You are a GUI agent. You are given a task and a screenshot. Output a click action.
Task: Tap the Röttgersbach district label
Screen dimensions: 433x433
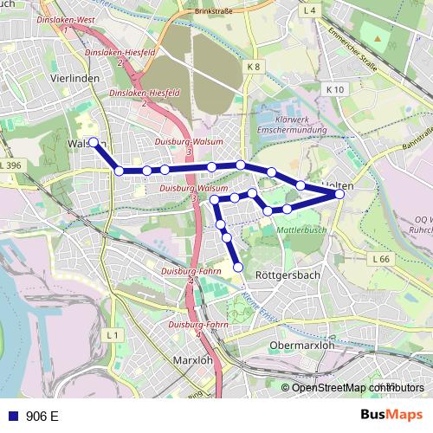(288, 275)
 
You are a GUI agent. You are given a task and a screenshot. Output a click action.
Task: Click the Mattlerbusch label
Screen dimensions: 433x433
(301, 230)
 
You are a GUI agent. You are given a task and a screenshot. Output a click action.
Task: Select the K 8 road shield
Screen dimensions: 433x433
(253, 66)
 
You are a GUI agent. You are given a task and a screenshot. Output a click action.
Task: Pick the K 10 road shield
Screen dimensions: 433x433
(336, 89)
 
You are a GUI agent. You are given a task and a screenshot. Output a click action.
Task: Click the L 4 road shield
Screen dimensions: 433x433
(311, 10)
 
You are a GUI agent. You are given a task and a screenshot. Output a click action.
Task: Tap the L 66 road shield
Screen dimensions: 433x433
(380, 259)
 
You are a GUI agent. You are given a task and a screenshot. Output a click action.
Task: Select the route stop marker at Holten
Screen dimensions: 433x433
(339, 194)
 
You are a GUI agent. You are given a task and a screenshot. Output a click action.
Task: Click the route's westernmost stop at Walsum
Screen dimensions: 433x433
(94, 141)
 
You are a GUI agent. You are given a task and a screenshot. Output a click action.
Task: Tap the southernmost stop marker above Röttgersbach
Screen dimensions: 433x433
(239, 268)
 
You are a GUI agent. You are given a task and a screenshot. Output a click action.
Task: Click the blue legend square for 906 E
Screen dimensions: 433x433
(12, 416)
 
